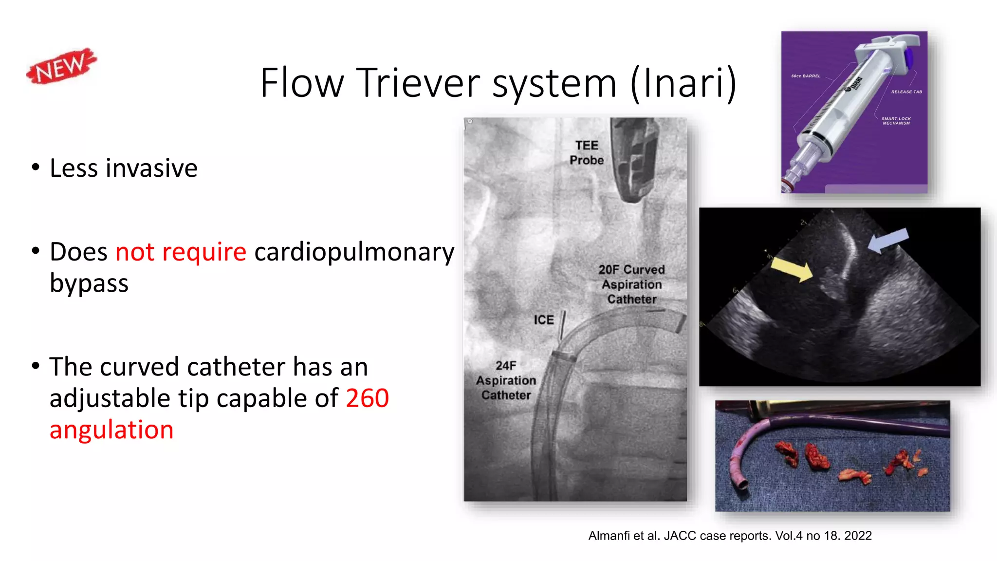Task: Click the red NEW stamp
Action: point(62,66)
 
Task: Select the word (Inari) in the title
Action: point(683,83)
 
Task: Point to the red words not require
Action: point(181,252)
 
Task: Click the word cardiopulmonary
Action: point(354,252)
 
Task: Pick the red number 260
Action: point(368,398)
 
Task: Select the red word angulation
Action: point(111,430)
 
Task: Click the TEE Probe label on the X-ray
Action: point(587,153)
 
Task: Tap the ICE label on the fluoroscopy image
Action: point(544,320)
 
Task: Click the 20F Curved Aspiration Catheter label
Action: point(631,284)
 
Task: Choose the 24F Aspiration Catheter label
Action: point(506,380)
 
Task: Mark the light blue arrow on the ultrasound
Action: point(888,240)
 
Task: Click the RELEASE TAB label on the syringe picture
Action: point(906,92)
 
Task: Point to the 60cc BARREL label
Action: point(806,76)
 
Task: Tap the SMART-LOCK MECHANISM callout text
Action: point(896,121)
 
